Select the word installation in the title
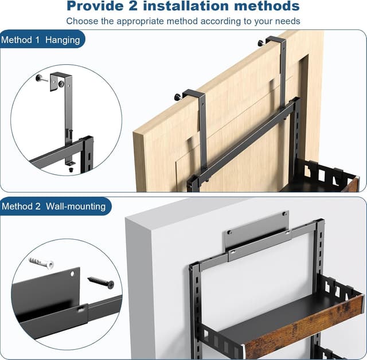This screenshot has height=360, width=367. click(x=196, y=7)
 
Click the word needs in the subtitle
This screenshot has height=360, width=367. click(x=287, y=21)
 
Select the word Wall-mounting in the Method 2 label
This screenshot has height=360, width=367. click(x=76, y=206)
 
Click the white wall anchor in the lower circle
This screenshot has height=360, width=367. click(x=42, y=263)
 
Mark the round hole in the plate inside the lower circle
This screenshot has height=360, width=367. click(x=73, y=275)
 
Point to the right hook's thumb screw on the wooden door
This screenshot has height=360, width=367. click(x=261, y=42)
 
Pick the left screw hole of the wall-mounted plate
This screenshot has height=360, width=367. click(x=229, y=232)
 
